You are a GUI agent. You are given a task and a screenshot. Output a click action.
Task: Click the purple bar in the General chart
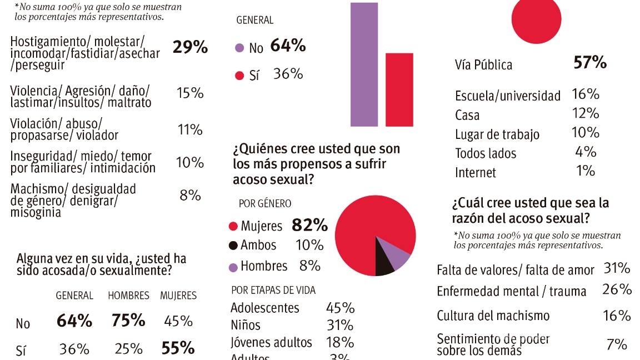364,64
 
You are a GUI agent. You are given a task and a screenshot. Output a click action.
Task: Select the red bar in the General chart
399,89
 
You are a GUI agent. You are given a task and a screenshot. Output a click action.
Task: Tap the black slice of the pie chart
384,259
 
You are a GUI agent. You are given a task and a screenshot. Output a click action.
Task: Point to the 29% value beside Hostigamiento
190,48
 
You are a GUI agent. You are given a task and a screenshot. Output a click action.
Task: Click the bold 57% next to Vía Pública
589,63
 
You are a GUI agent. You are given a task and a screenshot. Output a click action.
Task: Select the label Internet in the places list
475,173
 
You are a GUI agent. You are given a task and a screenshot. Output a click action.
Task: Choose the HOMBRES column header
128,296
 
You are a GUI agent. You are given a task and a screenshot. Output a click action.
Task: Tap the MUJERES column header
178,296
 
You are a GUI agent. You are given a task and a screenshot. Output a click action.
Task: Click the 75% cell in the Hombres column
128,321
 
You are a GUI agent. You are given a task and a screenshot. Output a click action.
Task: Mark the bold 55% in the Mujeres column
178,348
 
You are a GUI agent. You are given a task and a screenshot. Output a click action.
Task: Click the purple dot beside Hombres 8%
233,267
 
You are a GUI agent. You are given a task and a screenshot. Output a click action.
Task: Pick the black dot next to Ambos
233,245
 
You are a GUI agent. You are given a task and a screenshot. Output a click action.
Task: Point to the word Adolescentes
264,308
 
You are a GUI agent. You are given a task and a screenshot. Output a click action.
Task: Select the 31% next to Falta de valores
617,269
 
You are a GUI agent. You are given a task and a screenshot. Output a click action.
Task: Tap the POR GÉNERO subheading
264,204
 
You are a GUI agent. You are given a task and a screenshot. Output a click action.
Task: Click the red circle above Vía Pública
536,17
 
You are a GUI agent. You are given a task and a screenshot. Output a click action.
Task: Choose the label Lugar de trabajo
497,134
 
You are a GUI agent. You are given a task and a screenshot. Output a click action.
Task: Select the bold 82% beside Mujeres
309,226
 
